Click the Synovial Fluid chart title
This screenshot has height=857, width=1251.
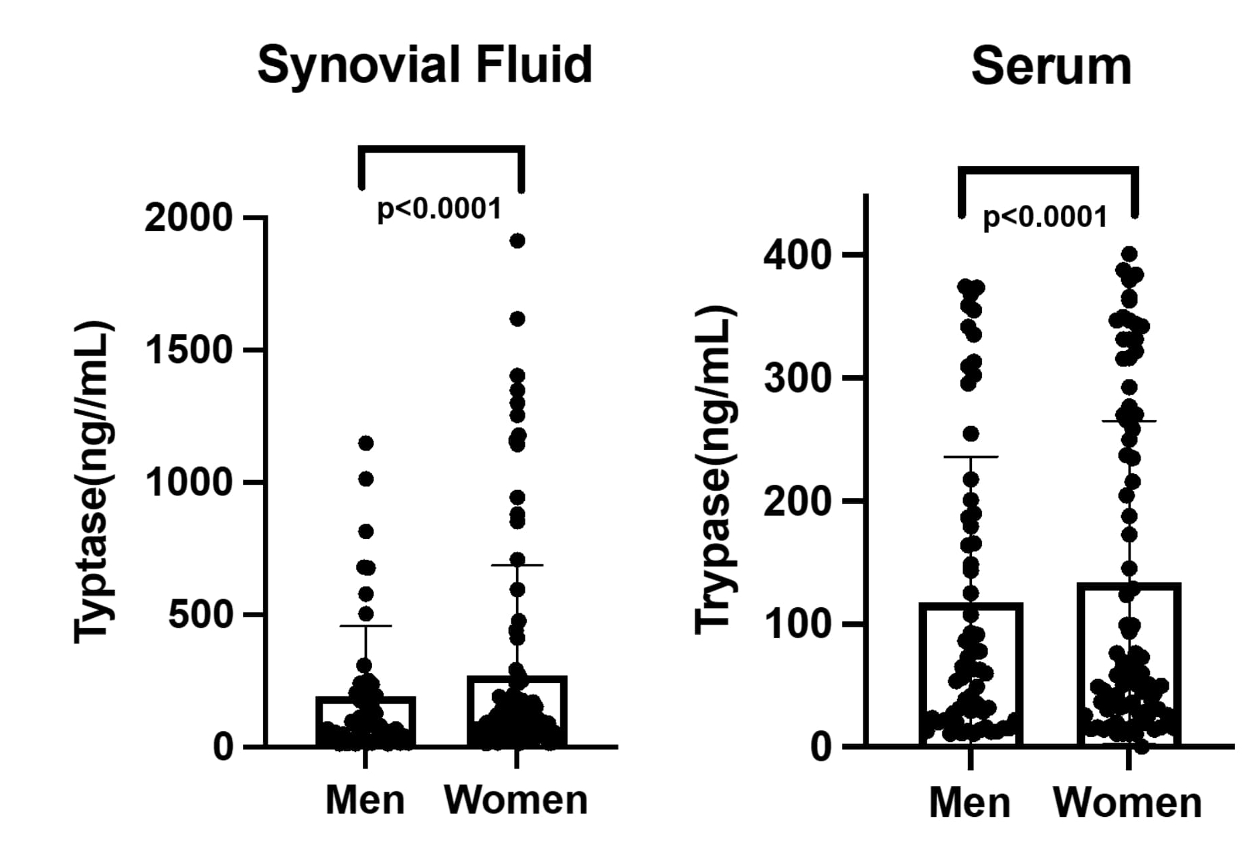pyautogui.click(x=425, y=66)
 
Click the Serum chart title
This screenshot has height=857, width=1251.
pyautogui.click(x=1051, y=67)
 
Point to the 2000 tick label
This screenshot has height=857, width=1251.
pyautogui.click(x=188, y=218)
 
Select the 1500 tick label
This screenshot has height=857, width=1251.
pyautogui.click(x=188, y=349)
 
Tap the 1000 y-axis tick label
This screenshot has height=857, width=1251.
pyautogui.click(x=188, y=481)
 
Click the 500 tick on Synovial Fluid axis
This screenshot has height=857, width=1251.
pyautogui.click(x=199, y=614)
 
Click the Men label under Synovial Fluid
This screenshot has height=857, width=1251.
pyautogui.click(x=365, y=799)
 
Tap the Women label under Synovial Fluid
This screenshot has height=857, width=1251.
pyautogui.click(x=516, y=799)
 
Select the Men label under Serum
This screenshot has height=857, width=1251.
pyautogui.click(x=970, y=802)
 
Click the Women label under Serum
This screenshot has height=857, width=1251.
pyautogui.click(x=1128, y=802)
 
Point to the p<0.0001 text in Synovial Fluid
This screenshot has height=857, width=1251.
pyautogui.click(x=439, y=209)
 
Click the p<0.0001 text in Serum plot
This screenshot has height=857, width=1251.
pyautogui.click(x=1045, y=218)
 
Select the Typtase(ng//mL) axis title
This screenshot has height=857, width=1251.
pyautogui.click(x=94, y=482)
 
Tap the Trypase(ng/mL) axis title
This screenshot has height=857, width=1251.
pyautogui.click(x=715, y=469)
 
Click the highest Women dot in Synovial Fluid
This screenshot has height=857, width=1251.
pyautogui.click(x=517, y=241)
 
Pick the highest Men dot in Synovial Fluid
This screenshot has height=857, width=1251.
pyautogui.click(x=366, y=443)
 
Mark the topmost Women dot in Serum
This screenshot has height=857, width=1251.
pyautogui.click(x=1129, y=254)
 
